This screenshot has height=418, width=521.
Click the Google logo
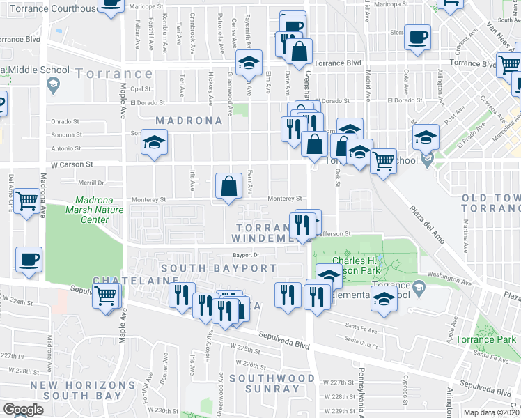pos(23,409)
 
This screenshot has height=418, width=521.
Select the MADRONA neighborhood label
pos(189,121)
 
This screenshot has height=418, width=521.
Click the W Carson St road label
pos(70,165)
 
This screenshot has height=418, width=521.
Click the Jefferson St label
pos(333,235)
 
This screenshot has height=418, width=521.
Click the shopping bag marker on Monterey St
pos(229,187)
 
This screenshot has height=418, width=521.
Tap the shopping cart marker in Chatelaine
pos(105,295)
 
